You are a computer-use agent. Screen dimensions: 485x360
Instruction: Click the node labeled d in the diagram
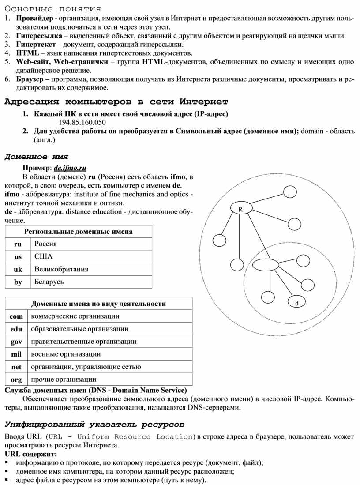[x=296, y=303]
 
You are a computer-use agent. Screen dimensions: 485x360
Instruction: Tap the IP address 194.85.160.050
[x=82, y=122]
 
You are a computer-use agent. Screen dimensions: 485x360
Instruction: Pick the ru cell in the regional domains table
[x=18, y=244]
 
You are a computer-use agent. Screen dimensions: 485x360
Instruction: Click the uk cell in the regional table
[x=18, y=269]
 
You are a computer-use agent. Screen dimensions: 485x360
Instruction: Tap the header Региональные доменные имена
[x=79, y=231]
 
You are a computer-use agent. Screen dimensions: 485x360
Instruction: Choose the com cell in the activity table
[x=16, y=316]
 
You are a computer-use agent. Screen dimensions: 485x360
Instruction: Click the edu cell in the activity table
[x=16, y=329]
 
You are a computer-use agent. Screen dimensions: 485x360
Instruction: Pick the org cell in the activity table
[x=16, y=379]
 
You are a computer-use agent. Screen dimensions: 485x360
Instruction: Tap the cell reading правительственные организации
[x=83, y=341]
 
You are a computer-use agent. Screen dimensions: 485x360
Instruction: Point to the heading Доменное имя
[x=36, y=156]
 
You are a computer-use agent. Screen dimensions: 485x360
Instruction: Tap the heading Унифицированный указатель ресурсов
[x=94, y=425]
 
